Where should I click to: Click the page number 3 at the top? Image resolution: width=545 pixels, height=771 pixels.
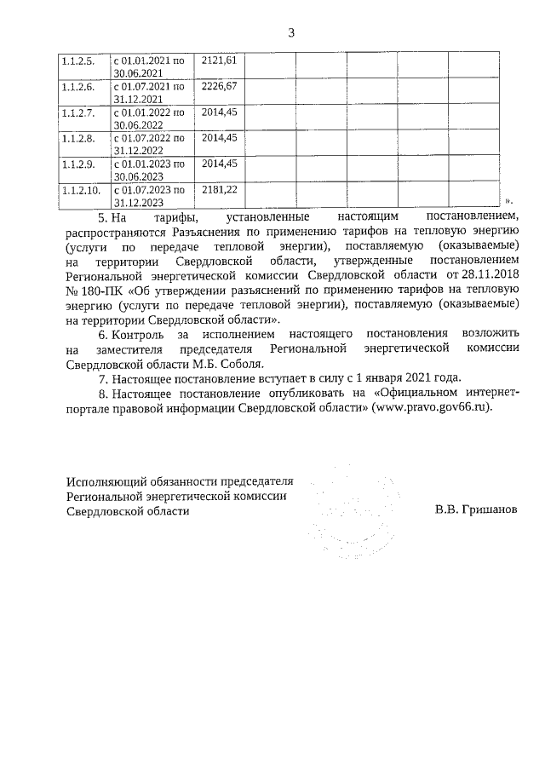[291, 33]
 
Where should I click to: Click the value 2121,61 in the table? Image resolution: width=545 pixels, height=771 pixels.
[219, 60]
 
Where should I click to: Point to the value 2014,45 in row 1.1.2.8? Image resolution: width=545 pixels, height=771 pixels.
[219, 137]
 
